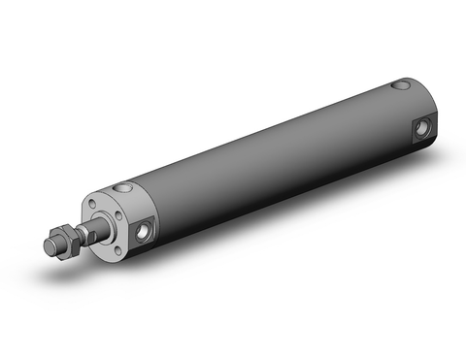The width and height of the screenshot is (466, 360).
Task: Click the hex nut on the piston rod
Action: (x=60, y=244)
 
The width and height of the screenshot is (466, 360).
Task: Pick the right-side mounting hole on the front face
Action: (x=123, y=218)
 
